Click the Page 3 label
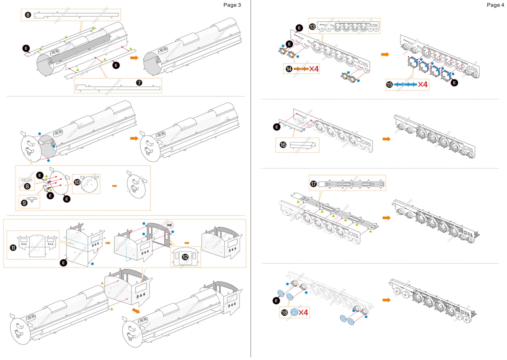232,5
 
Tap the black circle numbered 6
28,15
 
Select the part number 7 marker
139,82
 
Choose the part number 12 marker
185,257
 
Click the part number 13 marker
313,27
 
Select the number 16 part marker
283,145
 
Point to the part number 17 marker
314,184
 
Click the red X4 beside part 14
314,69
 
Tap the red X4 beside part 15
423,84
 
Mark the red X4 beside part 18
303,312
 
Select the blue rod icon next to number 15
405,84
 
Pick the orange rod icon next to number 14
301,69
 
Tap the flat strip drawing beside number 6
76,15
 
